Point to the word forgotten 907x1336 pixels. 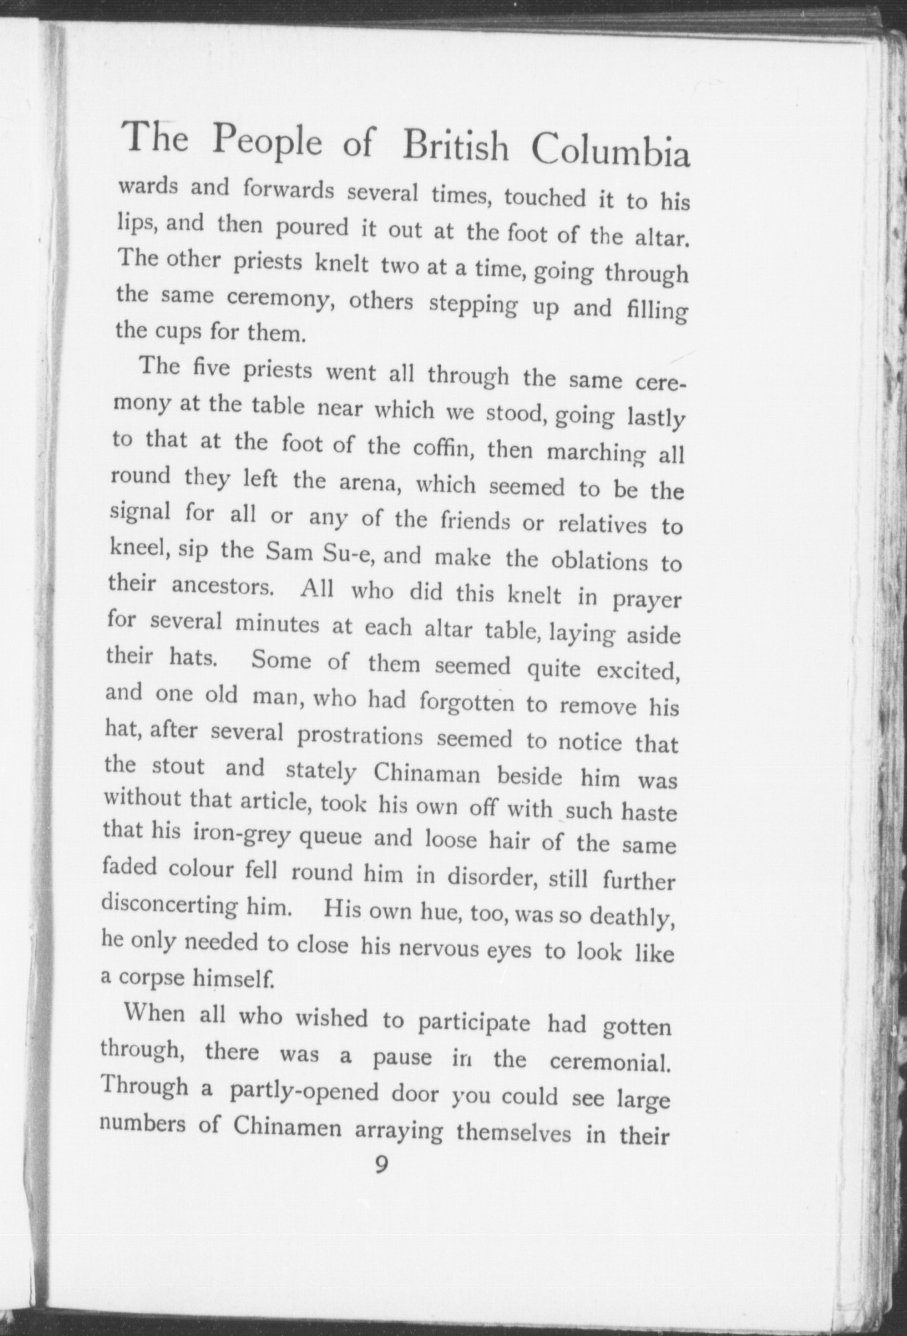(x=467, y=702)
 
